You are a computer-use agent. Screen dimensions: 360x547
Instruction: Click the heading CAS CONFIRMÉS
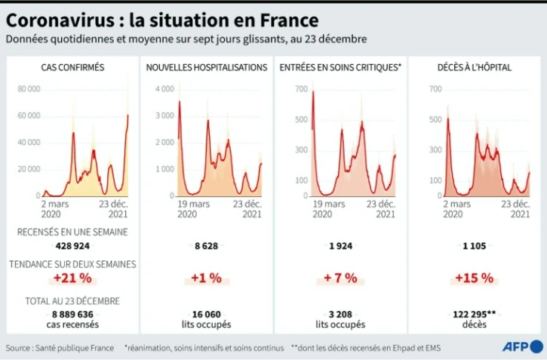(72, 67)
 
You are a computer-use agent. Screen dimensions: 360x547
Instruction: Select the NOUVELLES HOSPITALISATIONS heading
(206, 67)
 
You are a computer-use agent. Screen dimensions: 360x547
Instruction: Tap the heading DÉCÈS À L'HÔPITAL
(475, 67)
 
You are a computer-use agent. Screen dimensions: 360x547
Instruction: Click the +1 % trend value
(206, 278)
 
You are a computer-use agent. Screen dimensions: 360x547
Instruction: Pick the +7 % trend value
(340, 278)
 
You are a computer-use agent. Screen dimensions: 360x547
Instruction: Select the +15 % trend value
(475, 278)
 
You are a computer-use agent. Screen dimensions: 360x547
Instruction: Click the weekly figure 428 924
(72, 246)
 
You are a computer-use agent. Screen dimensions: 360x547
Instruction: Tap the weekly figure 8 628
(206, 246)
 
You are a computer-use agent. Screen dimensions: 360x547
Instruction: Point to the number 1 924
(340, 246)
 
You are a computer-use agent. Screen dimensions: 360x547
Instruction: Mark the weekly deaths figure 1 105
(475, 246)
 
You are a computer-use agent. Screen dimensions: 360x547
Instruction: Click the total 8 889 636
(72, 314)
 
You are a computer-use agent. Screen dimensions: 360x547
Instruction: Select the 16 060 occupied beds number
(206, 314)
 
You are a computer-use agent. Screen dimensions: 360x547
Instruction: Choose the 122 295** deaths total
(475, 314)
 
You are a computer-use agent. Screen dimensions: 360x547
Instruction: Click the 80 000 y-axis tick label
(29, 89)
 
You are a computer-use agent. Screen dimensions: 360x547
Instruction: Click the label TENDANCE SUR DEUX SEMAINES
(72, 264)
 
